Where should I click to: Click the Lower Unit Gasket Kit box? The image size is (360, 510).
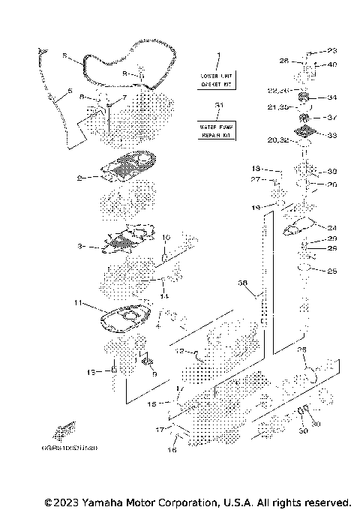coord(218,80)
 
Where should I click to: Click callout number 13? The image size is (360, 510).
coord(92,371)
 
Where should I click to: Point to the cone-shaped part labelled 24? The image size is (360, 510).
coord(304,224)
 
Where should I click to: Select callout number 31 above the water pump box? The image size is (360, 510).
coord(218,106)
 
